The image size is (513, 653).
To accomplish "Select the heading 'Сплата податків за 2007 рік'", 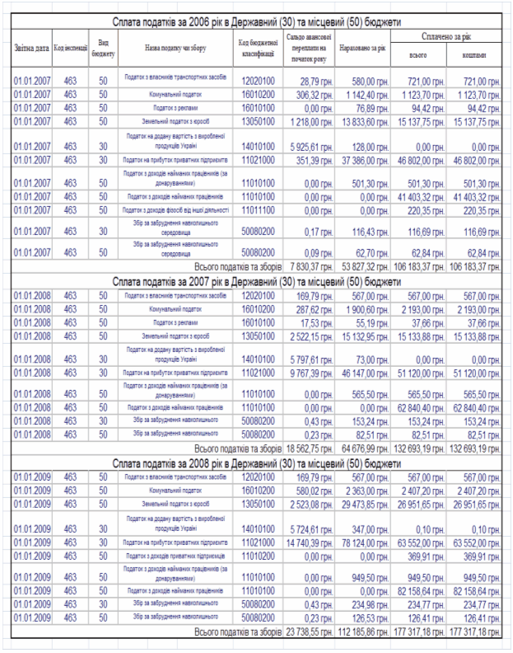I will [255, 282].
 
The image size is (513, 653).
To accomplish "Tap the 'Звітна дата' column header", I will [31, 48].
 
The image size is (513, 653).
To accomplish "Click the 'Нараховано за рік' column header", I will [363, 49].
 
